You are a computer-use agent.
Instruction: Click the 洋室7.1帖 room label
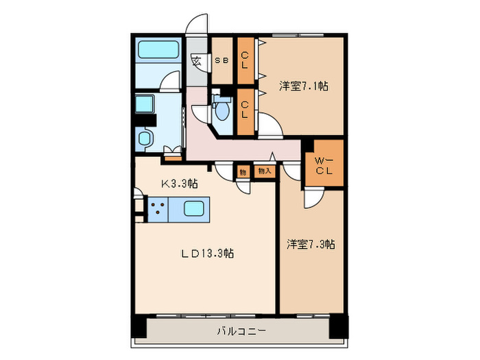303,86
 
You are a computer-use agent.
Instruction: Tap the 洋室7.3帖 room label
311,244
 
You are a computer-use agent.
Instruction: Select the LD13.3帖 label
208,253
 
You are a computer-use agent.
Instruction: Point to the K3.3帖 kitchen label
180,183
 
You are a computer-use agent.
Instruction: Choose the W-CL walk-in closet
324,165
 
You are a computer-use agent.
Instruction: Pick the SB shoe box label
222,60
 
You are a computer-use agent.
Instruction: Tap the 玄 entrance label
196,61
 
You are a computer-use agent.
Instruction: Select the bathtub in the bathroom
158,50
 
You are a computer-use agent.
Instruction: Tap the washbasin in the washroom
145,138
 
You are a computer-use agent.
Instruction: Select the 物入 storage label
265,171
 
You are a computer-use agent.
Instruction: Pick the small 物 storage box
243,171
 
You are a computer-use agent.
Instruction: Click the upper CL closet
245,61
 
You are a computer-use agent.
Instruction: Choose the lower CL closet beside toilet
245,109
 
